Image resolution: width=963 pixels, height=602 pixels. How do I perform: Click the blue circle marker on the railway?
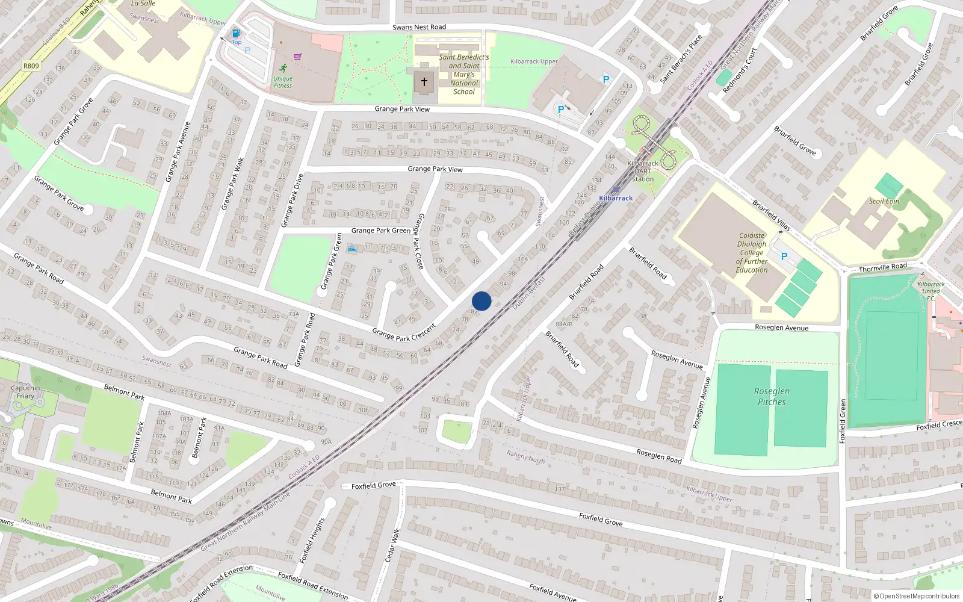pyautogui.click(x=482, y=301)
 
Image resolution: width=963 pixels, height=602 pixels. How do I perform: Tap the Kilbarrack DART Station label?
pyautogui.click(x=643, y=171)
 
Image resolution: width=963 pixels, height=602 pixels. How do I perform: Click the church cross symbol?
pyautogui.click(x=424, y=82)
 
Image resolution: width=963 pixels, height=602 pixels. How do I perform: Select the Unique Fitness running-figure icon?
pyautogui.click(x=283, y=69)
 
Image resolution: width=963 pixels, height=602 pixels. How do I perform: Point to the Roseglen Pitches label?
pyautogui.click(x=772, y=396)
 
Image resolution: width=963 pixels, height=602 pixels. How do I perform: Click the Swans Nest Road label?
pyautogui.click(x=419, y=27)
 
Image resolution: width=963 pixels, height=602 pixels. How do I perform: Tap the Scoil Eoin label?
pyautogui.click(x=884, y=201)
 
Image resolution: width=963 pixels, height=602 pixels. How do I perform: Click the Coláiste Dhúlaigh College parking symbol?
pyautogui.click(x=784, y=256)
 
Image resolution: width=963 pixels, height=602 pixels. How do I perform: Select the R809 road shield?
pyautogui.click(x=31, y=66)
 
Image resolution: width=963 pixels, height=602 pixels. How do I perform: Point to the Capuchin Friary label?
pyautogui.click(x=25, y=392)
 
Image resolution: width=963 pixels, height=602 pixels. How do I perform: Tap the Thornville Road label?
pyautogui.click(x=882, y=267)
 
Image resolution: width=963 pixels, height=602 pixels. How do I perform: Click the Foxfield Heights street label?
pyautogui.click(x=312, y=541)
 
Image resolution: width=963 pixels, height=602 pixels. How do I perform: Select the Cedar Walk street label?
pyautogui.click(x=392, y=545)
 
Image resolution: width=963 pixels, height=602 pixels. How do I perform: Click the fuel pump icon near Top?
pyautogui.click(x=237, y=34)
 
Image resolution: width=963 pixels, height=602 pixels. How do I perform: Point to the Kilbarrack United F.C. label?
pyautogui.click(x=930, y=291)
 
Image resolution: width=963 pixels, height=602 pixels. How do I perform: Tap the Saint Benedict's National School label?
pyautogui.click(x=463, y=75)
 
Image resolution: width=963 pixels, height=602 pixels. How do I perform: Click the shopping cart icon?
pyautogui.click(x=297, y=57)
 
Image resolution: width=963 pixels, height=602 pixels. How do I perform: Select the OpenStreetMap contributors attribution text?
pyautogui.click(x=916, y=596)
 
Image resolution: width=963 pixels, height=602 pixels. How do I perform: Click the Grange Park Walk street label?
pyautogui.click(x=232, y=184)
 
